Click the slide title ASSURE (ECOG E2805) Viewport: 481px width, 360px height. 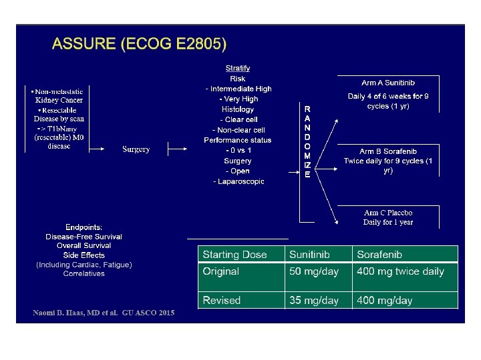click(x=139, y=45)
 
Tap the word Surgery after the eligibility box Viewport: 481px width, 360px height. click(x=136, y=149)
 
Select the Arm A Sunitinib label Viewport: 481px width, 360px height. click(x=388, y=83)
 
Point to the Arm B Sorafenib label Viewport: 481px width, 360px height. click(x=388, y=152)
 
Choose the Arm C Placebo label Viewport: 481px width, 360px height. click(x=388, y=213)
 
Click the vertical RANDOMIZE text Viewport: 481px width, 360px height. click(x=307, y=141)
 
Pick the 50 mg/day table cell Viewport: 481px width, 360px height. click(x=314, y=271)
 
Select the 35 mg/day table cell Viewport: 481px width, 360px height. click(x=314, y=301)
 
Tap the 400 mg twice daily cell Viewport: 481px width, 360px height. click(x=400, y=271)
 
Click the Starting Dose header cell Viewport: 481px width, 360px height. click(x=234, y=255)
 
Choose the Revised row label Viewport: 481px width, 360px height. click(x=221, y=301)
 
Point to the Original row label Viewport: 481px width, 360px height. click(x=220, y=271)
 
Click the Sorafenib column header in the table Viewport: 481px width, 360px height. click(x=379, y=255)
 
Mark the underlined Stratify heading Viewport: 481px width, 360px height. click(x=238, y=68)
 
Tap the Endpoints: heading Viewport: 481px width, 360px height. click(x=84, y=227)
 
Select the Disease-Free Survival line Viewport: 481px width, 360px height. click(x=84, y=237)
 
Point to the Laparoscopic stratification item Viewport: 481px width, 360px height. click(x=238, y=181)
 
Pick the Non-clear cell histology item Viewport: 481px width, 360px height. click(x=238, y=130)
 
